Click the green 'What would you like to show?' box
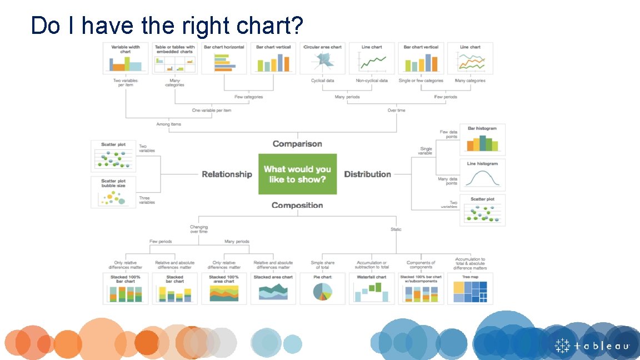point(297,174)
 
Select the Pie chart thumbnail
point(322,288)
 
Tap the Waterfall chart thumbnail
point(371,288)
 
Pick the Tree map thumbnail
point(470,288)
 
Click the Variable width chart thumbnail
point(126,58)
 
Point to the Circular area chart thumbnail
point(322,58)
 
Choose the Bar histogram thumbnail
point(482,139)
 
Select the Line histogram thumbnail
point(482,174)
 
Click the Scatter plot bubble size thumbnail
point(113,192)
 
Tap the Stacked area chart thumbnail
point(273,288)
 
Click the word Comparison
point(297,144)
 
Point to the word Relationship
point(227,174)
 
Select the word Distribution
point(367,174)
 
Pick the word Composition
point(297,206)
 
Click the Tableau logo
point(592,346)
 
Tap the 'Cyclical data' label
point(322,81)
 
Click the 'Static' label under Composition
point(396,229)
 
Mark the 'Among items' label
point(168,124)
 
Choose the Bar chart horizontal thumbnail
point(224,58)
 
